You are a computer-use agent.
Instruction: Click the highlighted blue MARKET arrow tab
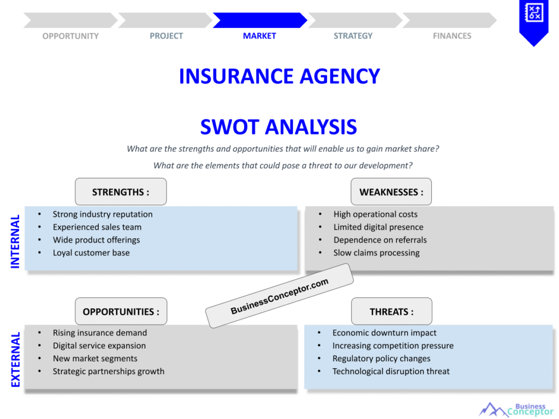(259, 21)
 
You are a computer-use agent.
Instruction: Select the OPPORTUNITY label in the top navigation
(70, 36)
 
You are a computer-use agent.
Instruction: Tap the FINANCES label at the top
(452, 36)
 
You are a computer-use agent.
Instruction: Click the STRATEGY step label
(353, 36)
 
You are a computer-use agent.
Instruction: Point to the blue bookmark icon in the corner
(533, 21)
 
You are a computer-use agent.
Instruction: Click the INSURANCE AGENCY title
(279, 76)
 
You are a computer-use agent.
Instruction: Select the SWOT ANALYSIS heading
(278, 127)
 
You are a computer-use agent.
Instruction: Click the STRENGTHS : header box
(121, 192)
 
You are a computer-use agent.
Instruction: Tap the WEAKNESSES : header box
(391, 192)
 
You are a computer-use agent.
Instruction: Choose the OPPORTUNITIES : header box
(121, 312)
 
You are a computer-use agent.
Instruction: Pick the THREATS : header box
(391, 312)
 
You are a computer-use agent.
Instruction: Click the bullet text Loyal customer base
(91, 253)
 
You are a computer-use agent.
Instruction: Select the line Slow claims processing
(376, 253)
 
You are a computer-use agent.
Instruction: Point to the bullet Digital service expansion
(99, 345)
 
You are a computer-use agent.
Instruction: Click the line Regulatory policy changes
(381, 358)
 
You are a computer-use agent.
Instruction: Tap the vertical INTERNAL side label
(15, 241)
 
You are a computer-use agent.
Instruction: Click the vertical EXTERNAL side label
(15, 360)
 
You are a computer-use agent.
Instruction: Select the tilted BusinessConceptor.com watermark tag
(279, 296)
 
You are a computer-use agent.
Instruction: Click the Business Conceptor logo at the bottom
(516, 409)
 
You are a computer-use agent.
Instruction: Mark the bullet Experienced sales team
(97, 227)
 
